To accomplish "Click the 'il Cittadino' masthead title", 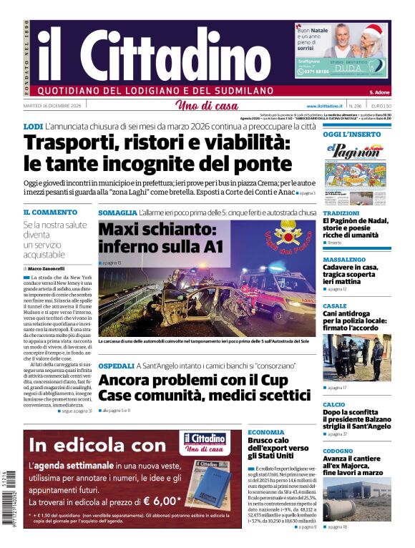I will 143,50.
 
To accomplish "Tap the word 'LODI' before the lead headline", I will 33,127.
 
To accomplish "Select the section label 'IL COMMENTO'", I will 50,212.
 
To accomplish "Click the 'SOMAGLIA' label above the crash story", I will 117,212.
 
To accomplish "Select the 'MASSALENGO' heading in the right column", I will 344,260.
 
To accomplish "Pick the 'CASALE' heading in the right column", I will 334,305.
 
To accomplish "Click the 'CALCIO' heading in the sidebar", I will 334,404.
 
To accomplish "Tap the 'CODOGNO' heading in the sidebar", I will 338,451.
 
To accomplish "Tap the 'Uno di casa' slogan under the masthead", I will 207,106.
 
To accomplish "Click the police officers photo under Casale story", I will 356,356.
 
